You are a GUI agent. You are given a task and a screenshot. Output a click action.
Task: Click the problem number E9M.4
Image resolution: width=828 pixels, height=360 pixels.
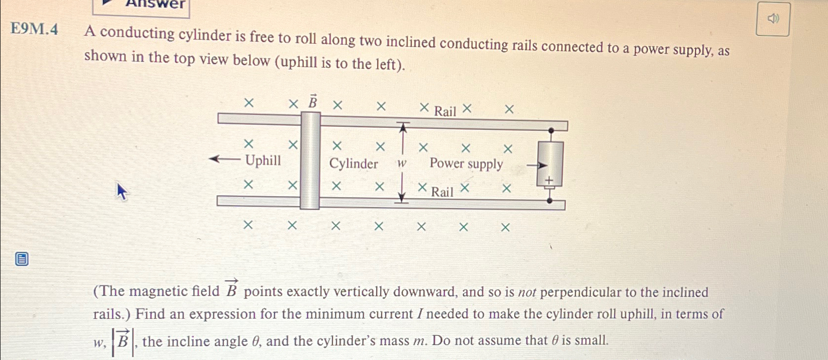coord(34,30)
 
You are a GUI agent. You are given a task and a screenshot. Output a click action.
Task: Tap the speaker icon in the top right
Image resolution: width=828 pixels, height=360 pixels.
coord(773,19)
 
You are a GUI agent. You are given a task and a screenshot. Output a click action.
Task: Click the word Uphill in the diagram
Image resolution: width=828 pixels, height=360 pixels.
coord(263,160)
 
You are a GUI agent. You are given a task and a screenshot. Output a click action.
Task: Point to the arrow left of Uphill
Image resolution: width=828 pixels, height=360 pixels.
coord(224,159)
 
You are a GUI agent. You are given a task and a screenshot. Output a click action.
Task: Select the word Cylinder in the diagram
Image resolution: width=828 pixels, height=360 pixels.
coord(353,164)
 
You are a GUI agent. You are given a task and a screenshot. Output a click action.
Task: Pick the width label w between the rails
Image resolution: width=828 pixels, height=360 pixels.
coord(401,164)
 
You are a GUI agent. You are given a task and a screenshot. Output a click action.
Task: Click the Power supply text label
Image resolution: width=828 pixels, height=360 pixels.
coord(466,163)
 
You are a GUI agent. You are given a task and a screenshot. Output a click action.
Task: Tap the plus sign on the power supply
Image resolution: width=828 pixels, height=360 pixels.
coord(550,180)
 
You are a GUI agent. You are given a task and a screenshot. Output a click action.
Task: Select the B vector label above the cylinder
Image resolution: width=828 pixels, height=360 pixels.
coord(312,102)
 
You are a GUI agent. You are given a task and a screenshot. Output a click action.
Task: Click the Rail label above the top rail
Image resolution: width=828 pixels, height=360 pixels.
coord(445,112)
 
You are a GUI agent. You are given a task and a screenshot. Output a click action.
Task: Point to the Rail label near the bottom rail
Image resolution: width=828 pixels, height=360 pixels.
coord(442,192)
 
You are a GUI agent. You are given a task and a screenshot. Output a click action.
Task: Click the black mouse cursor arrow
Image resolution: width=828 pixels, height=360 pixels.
coord(122,191)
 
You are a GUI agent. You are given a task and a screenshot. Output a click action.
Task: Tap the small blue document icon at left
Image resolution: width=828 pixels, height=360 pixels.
coord(22,259)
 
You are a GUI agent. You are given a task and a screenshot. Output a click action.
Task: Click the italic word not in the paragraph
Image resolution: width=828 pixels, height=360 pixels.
coord(527,293)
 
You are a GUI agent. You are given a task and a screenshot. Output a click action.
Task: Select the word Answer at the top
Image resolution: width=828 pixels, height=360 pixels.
coord(155,4)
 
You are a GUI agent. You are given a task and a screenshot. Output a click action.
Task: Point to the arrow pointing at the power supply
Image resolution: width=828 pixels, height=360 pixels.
coord(536,166)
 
